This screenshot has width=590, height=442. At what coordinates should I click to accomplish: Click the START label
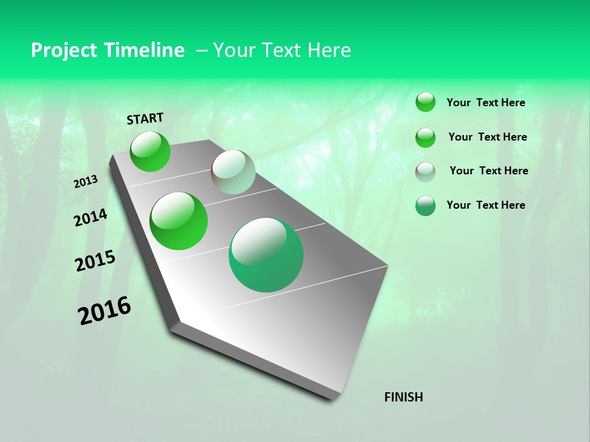coord(145,118)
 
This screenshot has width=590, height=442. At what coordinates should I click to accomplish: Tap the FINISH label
coord(403,397)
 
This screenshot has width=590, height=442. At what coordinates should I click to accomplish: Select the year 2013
coord(86,182)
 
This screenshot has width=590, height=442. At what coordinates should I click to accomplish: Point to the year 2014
coord(90,217)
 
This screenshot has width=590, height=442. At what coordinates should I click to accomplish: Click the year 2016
coord(104,311)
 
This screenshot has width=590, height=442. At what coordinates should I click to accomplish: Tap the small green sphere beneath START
coord(150,152)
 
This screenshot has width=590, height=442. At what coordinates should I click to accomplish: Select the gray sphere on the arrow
coord(233,172)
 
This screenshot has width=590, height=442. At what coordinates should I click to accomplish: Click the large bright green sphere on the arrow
coord(179,221)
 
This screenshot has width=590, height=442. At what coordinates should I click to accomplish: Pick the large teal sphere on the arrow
coord(266,255)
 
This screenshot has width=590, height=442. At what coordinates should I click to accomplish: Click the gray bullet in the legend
coord(425,171)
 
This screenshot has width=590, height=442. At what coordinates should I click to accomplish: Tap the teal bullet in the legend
coord(425,206)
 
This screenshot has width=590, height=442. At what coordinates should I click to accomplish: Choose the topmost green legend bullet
coord(425,102)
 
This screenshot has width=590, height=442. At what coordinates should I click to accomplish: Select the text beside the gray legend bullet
coord(489,171)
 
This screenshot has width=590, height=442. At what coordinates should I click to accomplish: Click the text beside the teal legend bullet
coord(486,205)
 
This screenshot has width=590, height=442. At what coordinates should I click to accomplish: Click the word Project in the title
coord(65,50)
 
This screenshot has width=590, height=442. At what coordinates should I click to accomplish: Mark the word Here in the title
coord(329,50)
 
